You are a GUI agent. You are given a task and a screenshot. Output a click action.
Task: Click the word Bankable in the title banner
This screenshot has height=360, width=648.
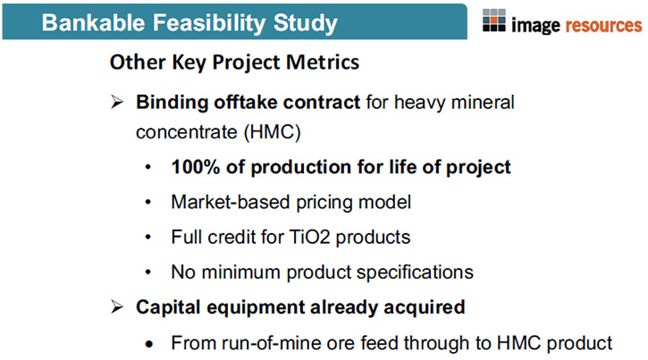[93, 22]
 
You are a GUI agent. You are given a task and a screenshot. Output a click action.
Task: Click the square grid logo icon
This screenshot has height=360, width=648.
[494, 21]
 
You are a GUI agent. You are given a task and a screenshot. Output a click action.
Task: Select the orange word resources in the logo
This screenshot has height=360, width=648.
[603, 26]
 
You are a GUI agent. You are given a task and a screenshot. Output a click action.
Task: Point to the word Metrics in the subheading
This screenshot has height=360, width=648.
[323, 63]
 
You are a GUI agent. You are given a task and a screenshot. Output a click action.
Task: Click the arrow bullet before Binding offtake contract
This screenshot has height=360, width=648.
[117, 102]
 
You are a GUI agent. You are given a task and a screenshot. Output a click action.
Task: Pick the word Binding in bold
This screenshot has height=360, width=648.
[172, 103]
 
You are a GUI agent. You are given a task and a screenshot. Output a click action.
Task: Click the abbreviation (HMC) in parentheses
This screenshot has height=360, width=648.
[273, 132]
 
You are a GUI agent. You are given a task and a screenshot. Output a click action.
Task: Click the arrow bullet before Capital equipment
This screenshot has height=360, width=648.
[117, 306]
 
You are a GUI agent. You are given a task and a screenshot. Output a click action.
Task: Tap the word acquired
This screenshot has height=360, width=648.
[425, 307]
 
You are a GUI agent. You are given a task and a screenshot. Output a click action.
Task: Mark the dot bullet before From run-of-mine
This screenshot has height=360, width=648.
[149, 344]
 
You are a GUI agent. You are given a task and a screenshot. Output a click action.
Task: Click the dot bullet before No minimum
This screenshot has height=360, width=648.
[148, 272]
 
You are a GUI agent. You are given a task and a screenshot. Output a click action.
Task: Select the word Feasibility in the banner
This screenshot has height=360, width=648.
[208, 23]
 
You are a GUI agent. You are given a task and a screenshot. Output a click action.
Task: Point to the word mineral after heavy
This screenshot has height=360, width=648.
[483, 103]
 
